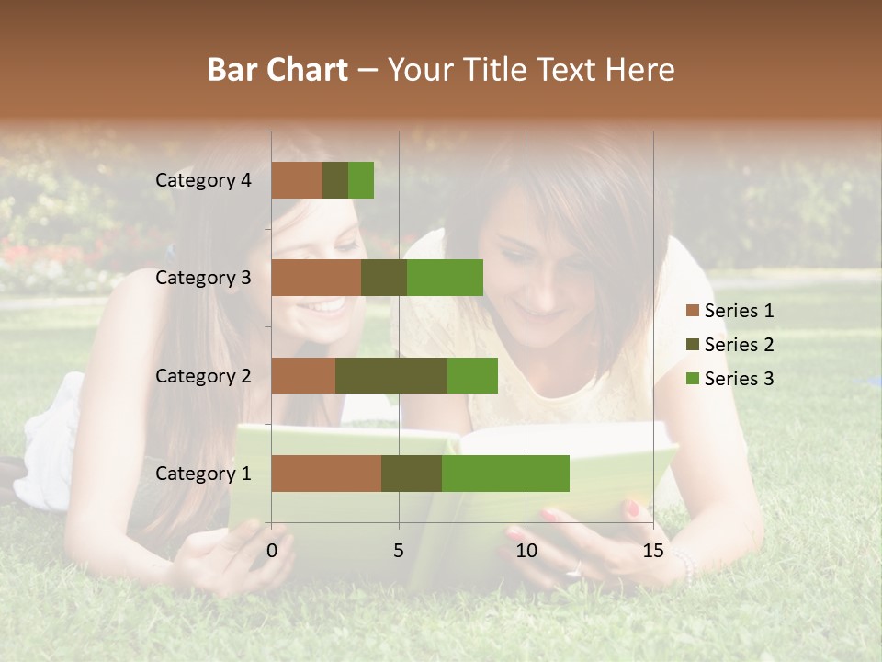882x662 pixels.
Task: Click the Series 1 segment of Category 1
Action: pyautogui.click(x=326, y=474)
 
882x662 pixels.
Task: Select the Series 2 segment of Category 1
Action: pyautogui.click(x=412, y=474)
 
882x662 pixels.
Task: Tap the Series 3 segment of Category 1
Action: pyautogui.click(x=505, y=474)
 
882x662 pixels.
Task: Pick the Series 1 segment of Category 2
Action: pyautogui.click(x=303, y=375)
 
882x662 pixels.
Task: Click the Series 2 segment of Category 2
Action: pyautogui.click(x=391, y=375)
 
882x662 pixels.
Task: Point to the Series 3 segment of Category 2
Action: pyautogui.click(x=472, y=375)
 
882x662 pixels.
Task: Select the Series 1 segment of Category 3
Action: pyautogui.click(x=316, y=278)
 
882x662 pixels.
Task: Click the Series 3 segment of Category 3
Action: pyautogui.click(x=445, y=278)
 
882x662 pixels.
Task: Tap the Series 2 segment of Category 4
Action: pyautogui.click(x=335, y=180)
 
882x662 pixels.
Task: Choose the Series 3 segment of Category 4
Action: pyautogui.click(x=361, y=180)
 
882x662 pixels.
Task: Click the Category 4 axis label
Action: pyautogui.click(x=203, y=180)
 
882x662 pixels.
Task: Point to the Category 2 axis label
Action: pyautogui.click(x=203, y=376)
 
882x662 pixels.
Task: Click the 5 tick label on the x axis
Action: pyautogui.click(x=399, y=550)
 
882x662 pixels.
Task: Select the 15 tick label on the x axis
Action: pyautogui.click(x=653, y=550)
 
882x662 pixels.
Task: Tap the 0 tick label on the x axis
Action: pyautogui.click(x=272, y=550)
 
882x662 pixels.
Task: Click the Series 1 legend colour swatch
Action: pyautogui.click(x=692, y=311)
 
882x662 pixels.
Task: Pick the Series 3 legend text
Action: pyautogui.click(x=739, y=379)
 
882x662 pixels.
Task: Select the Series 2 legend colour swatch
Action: pyautogui.click(x=692, y=345)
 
